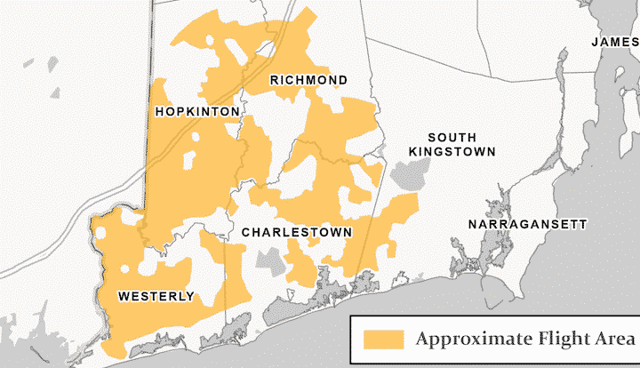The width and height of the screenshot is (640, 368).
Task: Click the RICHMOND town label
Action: point(308,81)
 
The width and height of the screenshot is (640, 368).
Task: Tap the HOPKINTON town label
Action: point(196,112)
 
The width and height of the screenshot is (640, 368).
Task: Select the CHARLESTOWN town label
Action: point(297,232)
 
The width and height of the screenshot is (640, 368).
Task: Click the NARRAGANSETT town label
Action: point(528,224)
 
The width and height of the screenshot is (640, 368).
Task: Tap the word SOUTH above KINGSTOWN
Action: point(452,138)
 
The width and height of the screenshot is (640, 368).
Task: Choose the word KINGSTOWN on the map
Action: point(452,152)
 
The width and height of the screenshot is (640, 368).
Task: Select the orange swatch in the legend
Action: point(383,340)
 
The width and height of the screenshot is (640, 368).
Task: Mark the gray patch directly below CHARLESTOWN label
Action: point(269,261)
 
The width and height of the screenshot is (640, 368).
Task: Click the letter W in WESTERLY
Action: point(122,296)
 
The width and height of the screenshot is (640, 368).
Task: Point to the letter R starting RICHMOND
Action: point(275,81)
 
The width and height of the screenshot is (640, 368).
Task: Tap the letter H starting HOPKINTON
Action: point(159,112)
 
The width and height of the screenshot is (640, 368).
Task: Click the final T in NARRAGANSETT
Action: point(582,224)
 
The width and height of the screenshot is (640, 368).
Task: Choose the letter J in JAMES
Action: point(596,42)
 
